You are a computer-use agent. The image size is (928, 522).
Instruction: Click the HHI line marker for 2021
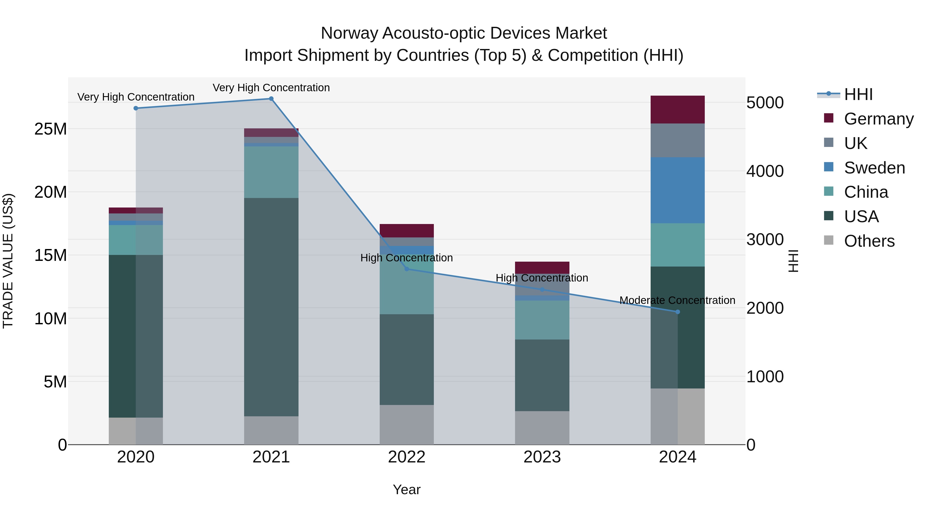click(271, 99)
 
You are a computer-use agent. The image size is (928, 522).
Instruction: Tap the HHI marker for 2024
click(678, 312)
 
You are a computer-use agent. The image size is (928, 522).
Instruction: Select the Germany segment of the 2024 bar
click(678, 110)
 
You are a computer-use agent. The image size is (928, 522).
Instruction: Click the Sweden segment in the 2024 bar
click(678, 190)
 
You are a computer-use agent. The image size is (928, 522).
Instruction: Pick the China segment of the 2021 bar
click(271, 172)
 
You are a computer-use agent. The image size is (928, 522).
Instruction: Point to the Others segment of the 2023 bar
click(542, 428)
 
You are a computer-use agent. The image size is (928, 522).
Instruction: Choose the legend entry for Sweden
click(874, 168)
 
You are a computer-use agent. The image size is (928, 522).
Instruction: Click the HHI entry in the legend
click(858, 94)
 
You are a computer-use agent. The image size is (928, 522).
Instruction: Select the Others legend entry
click(869, 241)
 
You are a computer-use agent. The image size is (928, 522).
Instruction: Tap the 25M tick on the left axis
click(51, 129)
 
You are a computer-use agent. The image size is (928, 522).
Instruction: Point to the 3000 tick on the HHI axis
click(765, 239)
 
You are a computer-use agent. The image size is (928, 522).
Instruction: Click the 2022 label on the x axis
click(407, 457)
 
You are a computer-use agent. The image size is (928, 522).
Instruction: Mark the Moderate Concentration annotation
click(677, 300)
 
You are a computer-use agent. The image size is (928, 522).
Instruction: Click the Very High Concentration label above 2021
click(271, 88)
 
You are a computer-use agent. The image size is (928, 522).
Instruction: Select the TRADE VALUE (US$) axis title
click(8, 261)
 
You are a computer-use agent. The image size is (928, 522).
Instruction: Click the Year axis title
click(407, 490)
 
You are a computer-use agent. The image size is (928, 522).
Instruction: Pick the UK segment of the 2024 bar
click(678, 140)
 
